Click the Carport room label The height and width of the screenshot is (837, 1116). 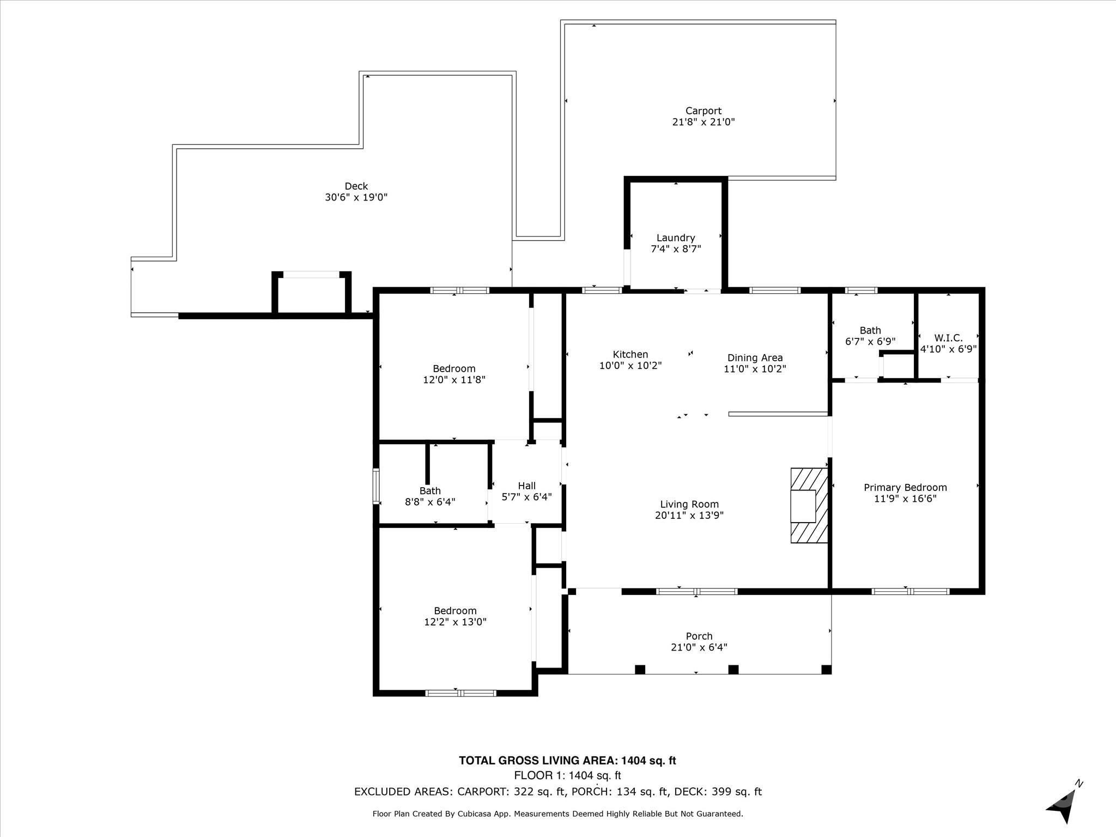tap(703, 111)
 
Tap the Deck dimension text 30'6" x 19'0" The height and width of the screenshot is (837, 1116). tap(356, 197)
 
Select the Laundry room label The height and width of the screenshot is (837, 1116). tap(676, 238)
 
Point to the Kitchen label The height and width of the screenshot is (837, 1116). tap(630, 354)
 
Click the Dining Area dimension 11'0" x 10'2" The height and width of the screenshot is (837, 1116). tap(755, 369)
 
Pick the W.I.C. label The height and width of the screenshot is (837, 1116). tap(949, 338)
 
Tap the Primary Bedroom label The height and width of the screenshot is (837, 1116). tap(906, 487)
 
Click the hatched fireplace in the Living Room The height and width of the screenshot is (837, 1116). tap(810, 505)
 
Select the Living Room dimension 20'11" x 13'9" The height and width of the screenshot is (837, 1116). tap(689, 515)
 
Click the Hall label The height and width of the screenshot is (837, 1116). tap(527, 486)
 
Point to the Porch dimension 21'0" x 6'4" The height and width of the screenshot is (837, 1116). tap(699, 647)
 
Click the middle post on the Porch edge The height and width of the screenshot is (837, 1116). tap(733, 669)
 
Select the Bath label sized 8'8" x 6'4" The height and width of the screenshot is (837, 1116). tap(430, 490)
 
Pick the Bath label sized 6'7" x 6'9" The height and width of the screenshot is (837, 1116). tap(870, 330)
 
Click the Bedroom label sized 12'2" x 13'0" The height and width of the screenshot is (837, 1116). tap(455, 611)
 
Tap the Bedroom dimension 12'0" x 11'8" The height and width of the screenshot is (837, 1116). tap(454, 380)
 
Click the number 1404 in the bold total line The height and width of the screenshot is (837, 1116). tap(634, 761)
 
